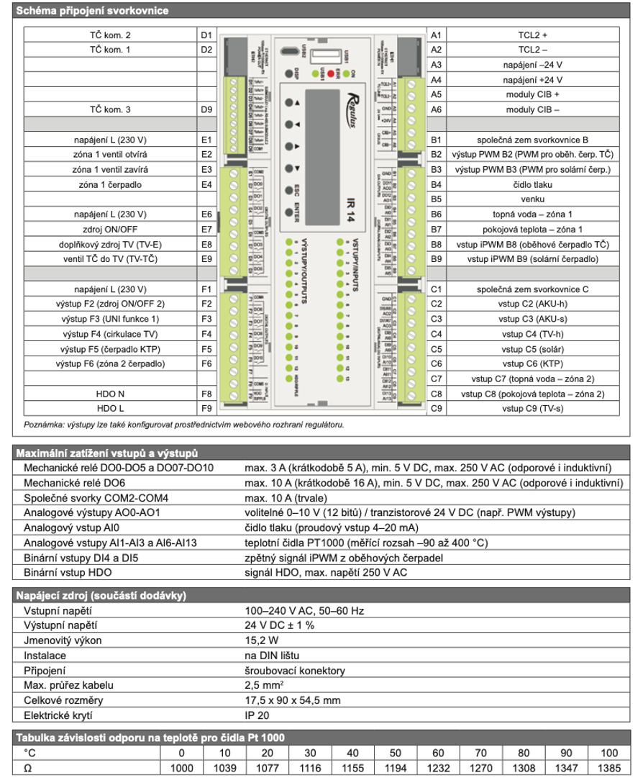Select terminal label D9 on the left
point(206,109)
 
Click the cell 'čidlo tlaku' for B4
point(533,184)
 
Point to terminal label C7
point(435,379)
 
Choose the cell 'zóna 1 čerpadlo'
point(111,184)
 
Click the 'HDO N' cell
point(111,394)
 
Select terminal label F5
point(206,349)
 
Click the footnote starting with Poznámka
point(184,424)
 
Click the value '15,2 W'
point(262,641)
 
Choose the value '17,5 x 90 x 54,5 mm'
point(292,701)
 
